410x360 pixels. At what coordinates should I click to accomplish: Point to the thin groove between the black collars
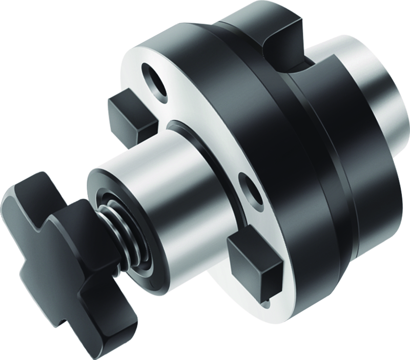[328, 154]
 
